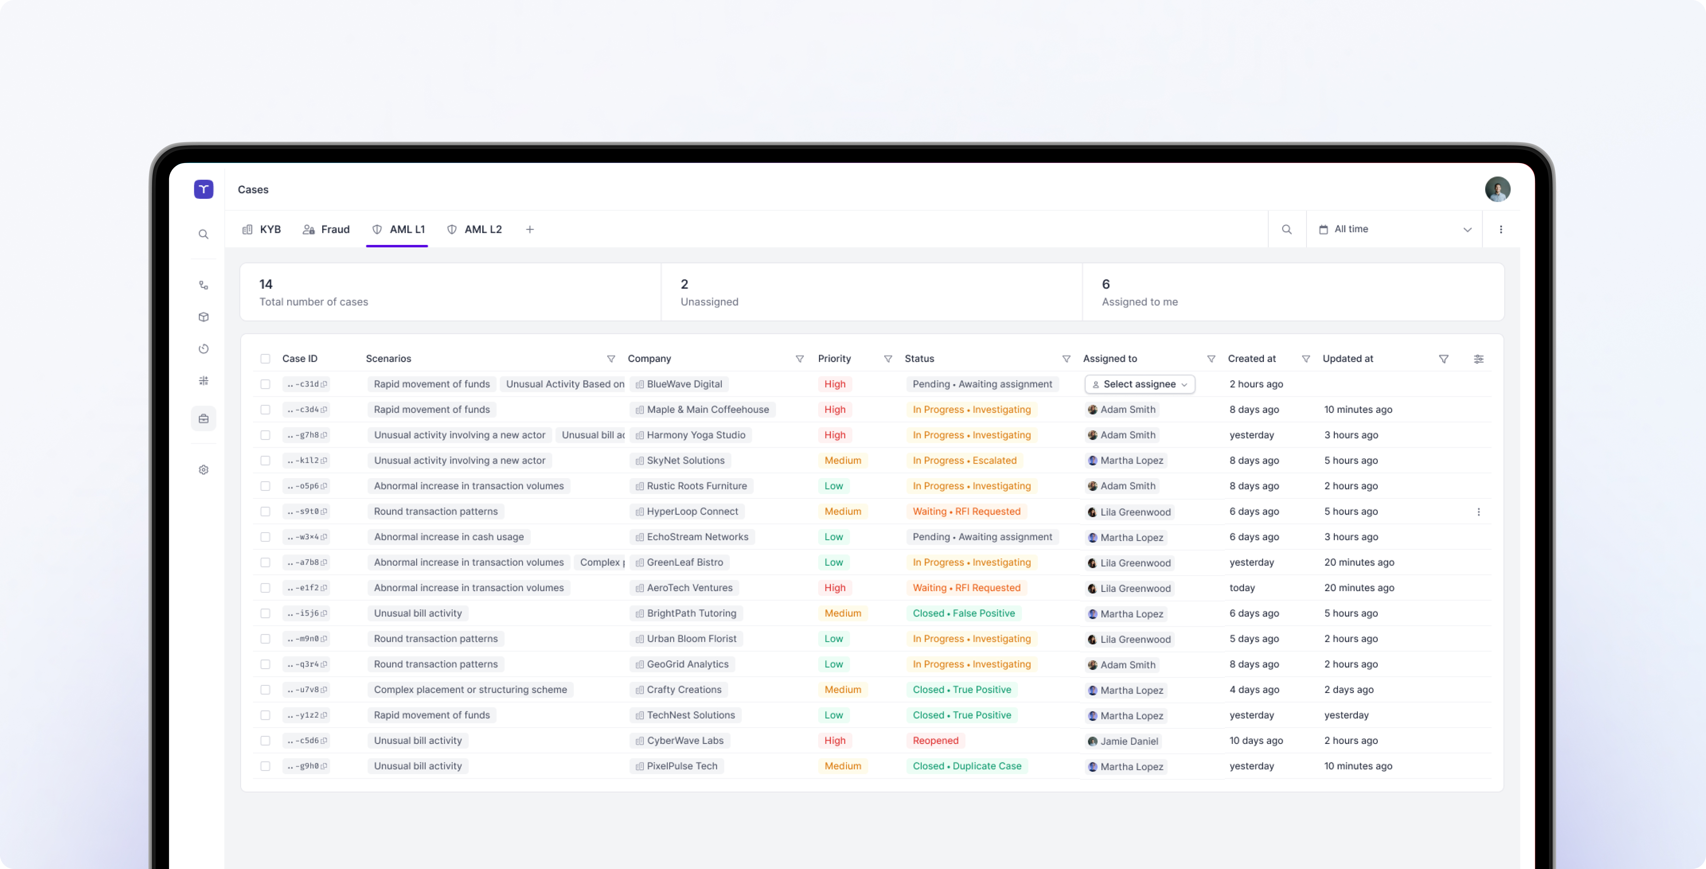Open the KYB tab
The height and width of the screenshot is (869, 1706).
[262, 229]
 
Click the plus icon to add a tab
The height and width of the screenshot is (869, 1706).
[530, 229]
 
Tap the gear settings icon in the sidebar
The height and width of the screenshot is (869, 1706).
[203, 470]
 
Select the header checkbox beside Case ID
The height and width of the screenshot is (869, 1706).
[265, 359]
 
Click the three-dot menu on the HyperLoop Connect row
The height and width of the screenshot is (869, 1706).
[1478, 512]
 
